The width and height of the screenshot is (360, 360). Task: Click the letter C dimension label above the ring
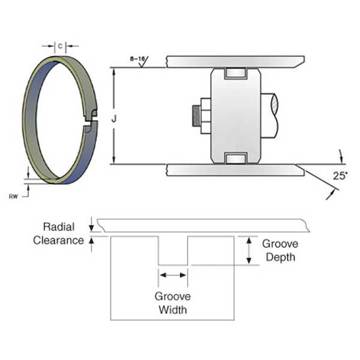[59, 45]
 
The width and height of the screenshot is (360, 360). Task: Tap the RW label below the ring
[13, 196]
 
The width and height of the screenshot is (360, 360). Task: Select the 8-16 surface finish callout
[137, 59]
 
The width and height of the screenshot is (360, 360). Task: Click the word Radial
[58, 227]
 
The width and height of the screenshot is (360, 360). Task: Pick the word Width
[172, 310]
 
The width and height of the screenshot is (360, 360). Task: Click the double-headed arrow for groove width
[172, 275]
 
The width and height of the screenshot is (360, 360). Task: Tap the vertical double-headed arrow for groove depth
[248, 250]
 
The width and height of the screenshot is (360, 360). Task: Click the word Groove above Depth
[280, 244]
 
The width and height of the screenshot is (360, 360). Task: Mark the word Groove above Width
[172, 296]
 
